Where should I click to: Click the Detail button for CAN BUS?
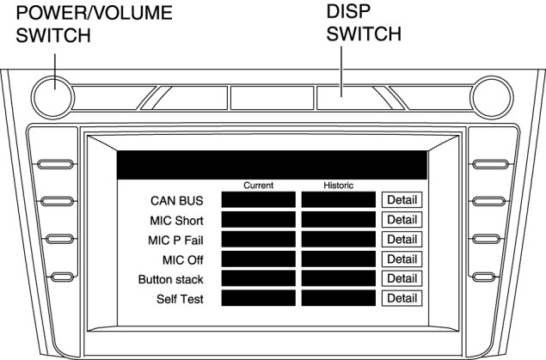(x=402, y=200)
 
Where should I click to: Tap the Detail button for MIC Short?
(x=402, y=220)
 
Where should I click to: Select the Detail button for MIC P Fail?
(x=402, y=240)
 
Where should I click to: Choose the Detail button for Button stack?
(x=402, y=279)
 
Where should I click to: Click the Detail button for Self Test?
(x=402, y=299)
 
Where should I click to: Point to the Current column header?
(x=258, y=185)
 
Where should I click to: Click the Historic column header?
(x=338, y=185)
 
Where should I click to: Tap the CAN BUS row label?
(x=176, y=201)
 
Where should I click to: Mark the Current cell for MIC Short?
(x=258, y=220)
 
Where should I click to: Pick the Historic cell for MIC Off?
(x=339, y=259)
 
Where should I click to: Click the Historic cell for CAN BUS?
(x=339, y=200)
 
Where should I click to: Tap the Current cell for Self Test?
(x=258, y=299)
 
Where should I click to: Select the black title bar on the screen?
(x=272, y=165)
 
